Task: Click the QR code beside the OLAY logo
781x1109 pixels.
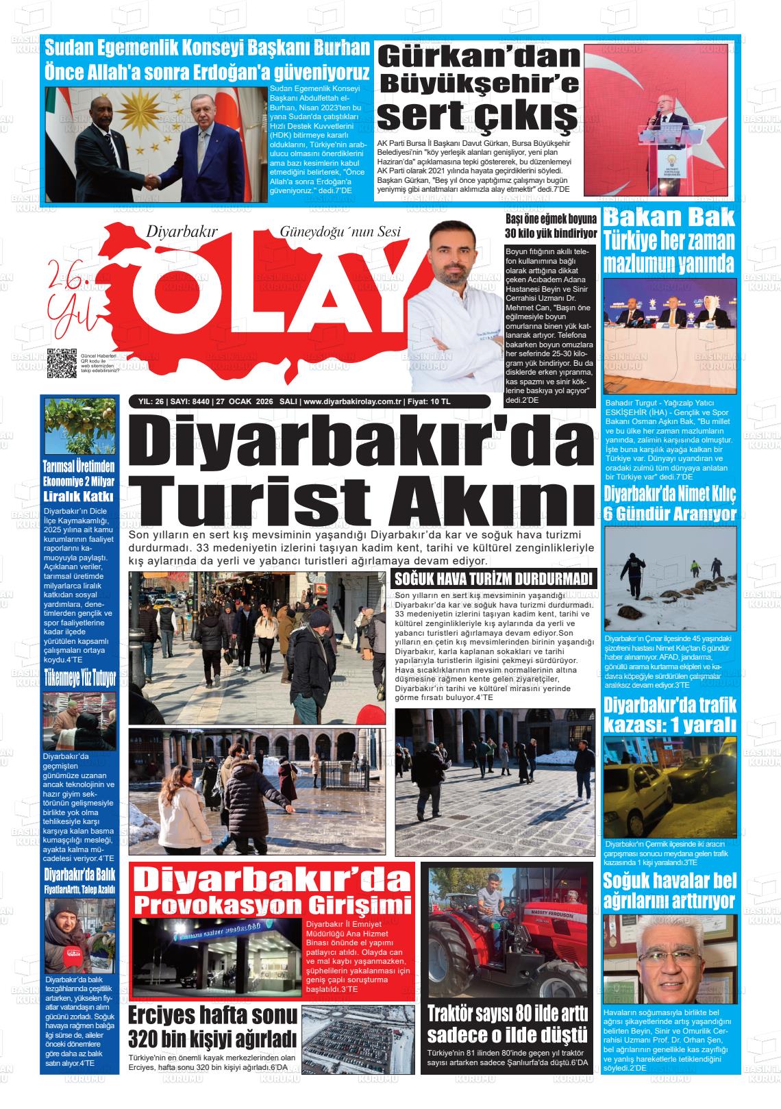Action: click(62, 363)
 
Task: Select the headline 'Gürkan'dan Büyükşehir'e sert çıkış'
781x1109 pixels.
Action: click(480, 88)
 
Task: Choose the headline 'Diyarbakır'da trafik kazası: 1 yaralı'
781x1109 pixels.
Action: click(669, 714)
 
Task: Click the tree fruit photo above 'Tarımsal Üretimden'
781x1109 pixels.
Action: click(79, 427)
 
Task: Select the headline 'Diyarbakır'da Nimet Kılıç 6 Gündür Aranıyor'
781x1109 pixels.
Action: click(669, 503)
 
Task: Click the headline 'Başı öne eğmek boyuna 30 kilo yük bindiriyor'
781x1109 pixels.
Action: click(550, 225)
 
